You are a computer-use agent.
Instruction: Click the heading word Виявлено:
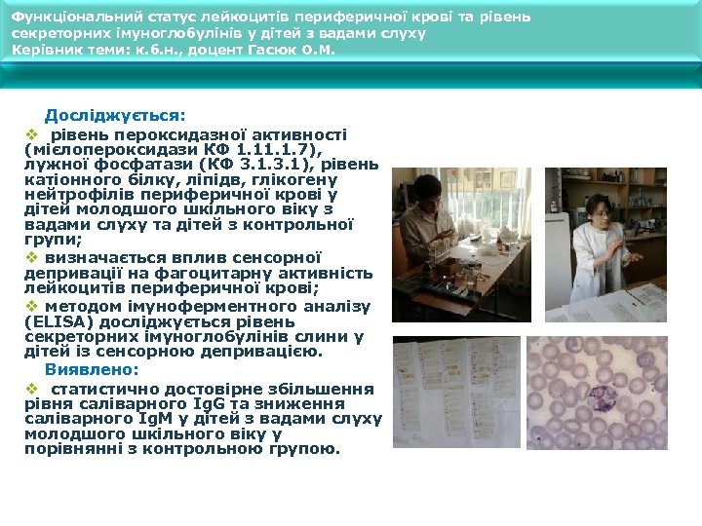pyautogui.click(x=92, y=370)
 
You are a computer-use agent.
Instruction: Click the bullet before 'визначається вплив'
pyautogui.click(x=30, y=257)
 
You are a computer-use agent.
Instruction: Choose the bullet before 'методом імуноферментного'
pyautogui.click(x=30, y=304)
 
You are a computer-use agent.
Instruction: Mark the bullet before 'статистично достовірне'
pyautogui.click(x=30, y=388)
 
